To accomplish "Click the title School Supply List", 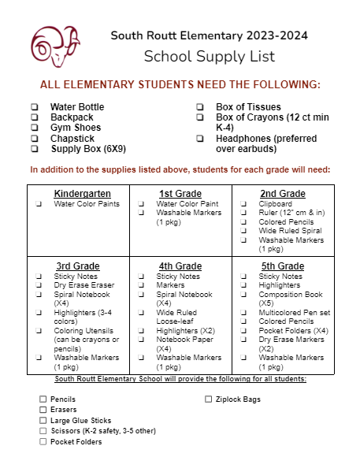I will point(210,56).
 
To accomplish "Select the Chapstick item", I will point(72,138).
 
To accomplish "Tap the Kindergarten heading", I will point(82,194).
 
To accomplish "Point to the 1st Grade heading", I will point(180,194).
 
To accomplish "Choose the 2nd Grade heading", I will point(283,194).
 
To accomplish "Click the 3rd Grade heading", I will point(78,266).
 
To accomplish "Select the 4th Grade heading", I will point(180,266).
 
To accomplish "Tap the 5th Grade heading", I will point(283,266).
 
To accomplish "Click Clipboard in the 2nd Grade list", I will point(275,203).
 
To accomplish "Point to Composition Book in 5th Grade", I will point(291,294).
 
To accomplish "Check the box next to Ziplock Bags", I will point(209,399).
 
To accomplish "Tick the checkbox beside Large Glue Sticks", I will point(43,421).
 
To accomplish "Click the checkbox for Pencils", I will point(43,399).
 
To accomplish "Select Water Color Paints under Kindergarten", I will point(87,203).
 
